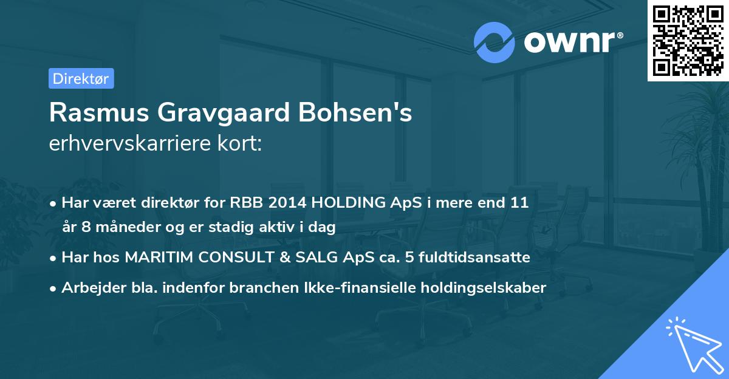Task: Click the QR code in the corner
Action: [x=688, y=41]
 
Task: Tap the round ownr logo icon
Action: [x=495, y=43]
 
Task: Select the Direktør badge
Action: [x=81, y=78]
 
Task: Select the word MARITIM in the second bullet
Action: [x=152, y=258]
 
